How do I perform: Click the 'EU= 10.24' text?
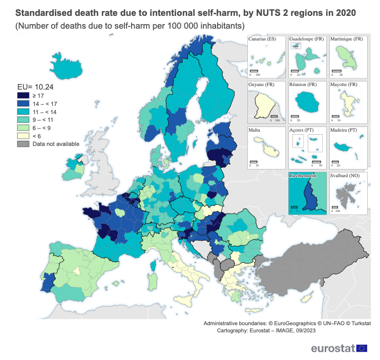click(x=35, y=86)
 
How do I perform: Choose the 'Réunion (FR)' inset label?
click(x=303, y=84)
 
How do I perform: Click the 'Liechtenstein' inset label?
click(x=302, y=176)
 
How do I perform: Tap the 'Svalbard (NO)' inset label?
click(x=347, y=176)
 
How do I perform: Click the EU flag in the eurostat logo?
click(x=362, y=348)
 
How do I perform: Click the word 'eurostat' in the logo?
click(x=332, y=348)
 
